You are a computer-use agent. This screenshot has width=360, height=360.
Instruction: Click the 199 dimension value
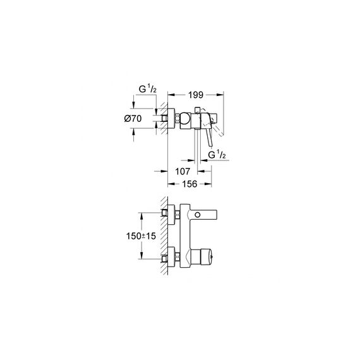coord(196,95)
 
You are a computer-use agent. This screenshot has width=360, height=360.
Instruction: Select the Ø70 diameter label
coord(133,119)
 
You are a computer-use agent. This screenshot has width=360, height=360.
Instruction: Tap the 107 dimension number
coord(183,171)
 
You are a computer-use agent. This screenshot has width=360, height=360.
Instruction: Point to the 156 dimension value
coord(189,184)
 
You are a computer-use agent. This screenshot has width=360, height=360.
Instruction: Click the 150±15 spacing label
coord(141,236)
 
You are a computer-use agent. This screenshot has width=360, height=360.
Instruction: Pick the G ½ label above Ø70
coord(148,89)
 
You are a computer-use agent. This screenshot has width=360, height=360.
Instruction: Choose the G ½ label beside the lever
coord(217,155)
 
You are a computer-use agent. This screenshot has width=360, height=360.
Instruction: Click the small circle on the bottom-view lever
coord(198,215)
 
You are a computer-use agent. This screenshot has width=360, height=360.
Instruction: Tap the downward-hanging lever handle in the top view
coord(210,137)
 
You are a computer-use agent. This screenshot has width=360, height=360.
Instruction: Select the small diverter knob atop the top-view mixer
coord(197,110)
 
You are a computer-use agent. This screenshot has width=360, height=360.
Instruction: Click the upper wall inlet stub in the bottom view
coord(164,213)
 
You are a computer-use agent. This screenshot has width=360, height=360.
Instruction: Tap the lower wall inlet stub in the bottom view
coord(164,259)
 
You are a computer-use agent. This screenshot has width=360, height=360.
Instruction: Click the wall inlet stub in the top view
coord(164,118)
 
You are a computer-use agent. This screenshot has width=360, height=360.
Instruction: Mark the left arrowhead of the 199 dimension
coord(171,95)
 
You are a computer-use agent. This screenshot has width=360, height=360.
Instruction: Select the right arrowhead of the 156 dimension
coord(208,184)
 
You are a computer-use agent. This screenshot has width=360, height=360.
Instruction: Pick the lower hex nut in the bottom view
coord(177,256)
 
